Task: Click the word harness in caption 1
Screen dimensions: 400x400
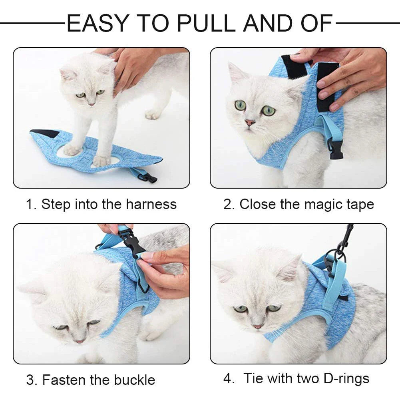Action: pos(151,204)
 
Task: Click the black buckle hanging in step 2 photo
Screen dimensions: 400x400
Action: pos(336,150)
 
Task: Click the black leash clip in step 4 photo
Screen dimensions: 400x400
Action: pos(345,237)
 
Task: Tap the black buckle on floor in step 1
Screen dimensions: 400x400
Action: pos(150,177)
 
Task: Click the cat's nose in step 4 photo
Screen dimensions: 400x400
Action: pos(258,326)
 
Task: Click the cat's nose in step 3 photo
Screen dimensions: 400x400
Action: pos(80,341)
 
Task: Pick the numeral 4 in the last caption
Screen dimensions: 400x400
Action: pos(227,378)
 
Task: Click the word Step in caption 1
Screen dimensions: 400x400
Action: pos(55,205)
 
